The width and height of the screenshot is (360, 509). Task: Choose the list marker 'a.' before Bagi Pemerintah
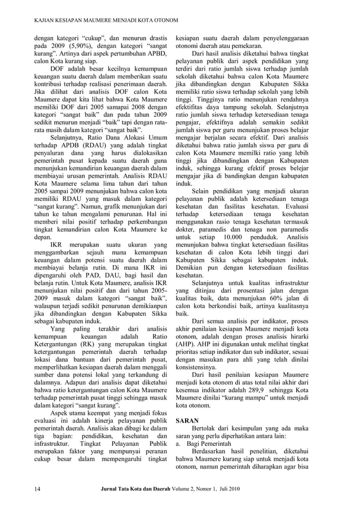[180, 444]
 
